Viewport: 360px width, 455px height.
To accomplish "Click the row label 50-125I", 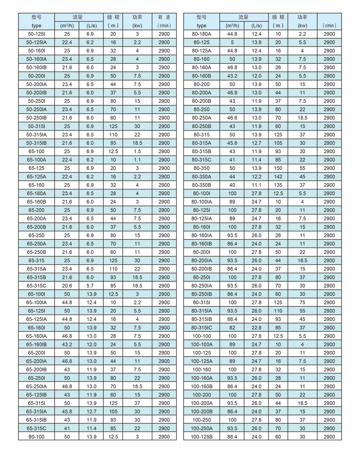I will pos(36,34).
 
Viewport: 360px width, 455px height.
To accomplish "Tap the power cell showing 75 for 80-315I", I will pos(302,303).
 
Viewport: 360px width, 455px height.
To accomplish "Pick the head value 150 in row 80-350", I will pos(278,168).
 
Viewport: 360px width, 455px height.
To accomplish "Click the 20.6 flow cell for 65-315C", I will pos(67,286).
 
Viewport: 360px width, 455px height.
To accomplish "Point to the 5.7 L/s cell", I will pos(91,286).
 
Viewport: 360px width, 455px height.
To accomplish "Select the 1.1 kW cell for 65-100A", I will pos(137,160).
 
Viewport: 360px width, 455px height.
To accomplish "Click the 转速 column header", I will pos(164,17).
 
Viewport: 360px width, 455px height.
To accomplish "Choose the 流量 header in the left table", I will pos(79,17).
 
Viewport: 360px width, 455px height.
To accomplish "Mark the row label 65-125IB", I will pos(36,395).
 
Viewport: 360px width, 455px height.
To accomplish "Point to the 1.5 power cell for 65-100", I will pos(137,151).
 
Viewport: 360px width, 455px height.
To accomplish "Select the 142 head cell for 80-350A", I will pos(278,176).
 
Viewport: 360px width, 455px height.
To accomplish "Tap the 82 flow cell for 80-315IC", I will pos(232,328).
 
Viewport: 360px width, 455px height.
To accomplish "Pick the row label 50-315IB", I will pos(36,143).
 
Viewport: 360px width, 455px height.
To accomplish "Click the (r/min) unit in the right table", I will pos(329,26).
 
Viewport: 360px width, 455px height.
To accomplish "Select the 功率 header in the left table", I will pos(137,17).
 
